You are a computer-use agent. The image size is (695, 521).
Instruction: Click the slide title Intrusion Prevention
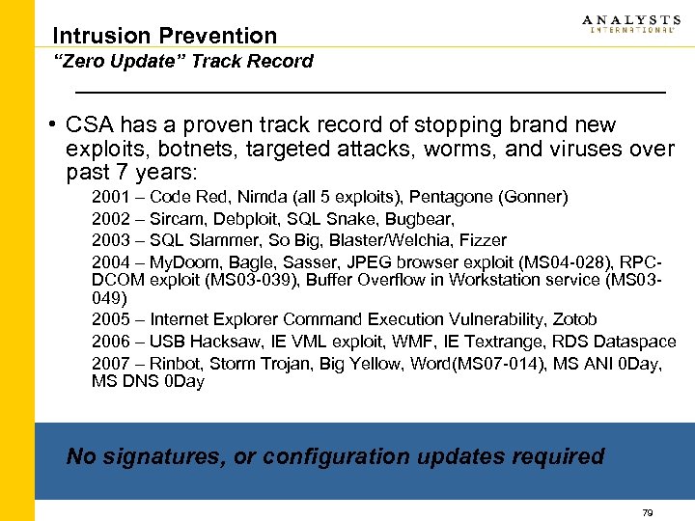(164, 36)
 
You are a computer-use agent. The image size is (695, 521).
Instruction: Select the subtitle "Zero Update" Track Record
(183, 62)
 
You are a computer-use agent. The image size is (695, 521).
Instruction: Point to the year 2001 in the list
(111, 198)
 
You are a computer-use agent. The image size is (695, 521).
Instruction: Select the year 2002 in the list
(111, 219)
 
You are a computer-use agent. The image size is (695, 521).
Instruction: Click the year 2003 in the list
(111, 240)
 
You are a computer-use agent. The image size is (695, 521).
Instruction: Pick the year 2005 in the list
(111, 319)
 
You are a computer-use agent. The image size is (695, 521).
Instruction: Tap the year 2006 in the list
(111, 342)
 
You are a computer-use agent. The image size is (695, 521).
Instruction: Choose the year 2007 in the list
(111, 363)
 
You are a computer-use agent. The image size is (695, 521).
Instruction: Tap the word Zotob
(574, 319)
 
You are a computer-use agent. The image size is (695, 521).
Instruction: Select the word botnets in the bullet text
(176, 150)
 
